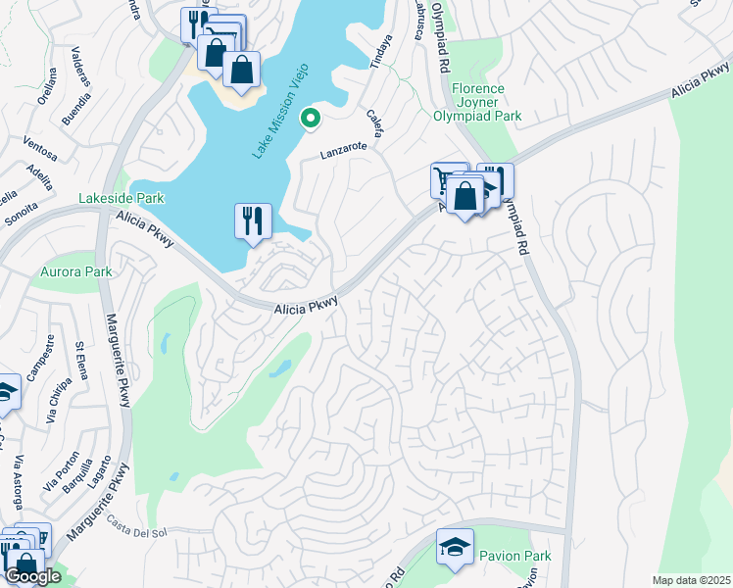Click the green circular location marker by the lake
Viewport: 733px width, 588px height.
pyautogui.click(x=311, y=119)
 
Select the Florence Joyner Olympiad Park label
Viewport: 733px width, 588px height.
pyautogui.click(x=477, y=102)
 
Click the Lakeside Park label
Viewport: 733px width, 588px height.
pyautogui.click(x=122, y=198)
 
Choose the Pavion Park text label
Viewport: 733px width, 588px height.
pyautogui.click(x=514, y=556)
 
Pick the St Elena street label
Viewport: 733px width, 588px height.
pyautogui.click(x=82, y=361)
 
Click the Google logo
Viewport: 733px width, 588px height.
pyautogui.click(x=31, y=576)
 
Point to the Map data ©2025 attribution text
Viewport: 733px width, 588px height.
pyautogui.click(x=690, y=580)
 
